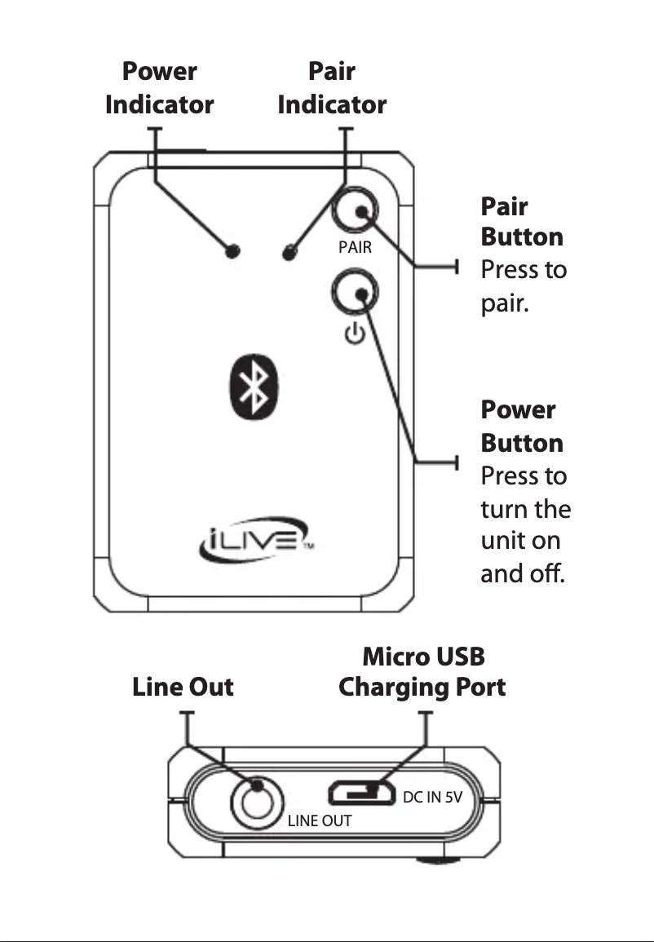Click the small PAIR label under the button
355,247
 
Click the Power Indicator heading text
160,88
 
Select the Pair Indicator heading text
332,88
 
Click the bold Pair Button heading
522,221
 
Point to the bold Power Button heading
522,427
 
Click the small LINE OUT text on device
320,821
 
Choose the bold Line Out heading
183,687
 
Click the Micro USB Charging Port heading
422,671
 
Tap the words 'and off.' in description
521,573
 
